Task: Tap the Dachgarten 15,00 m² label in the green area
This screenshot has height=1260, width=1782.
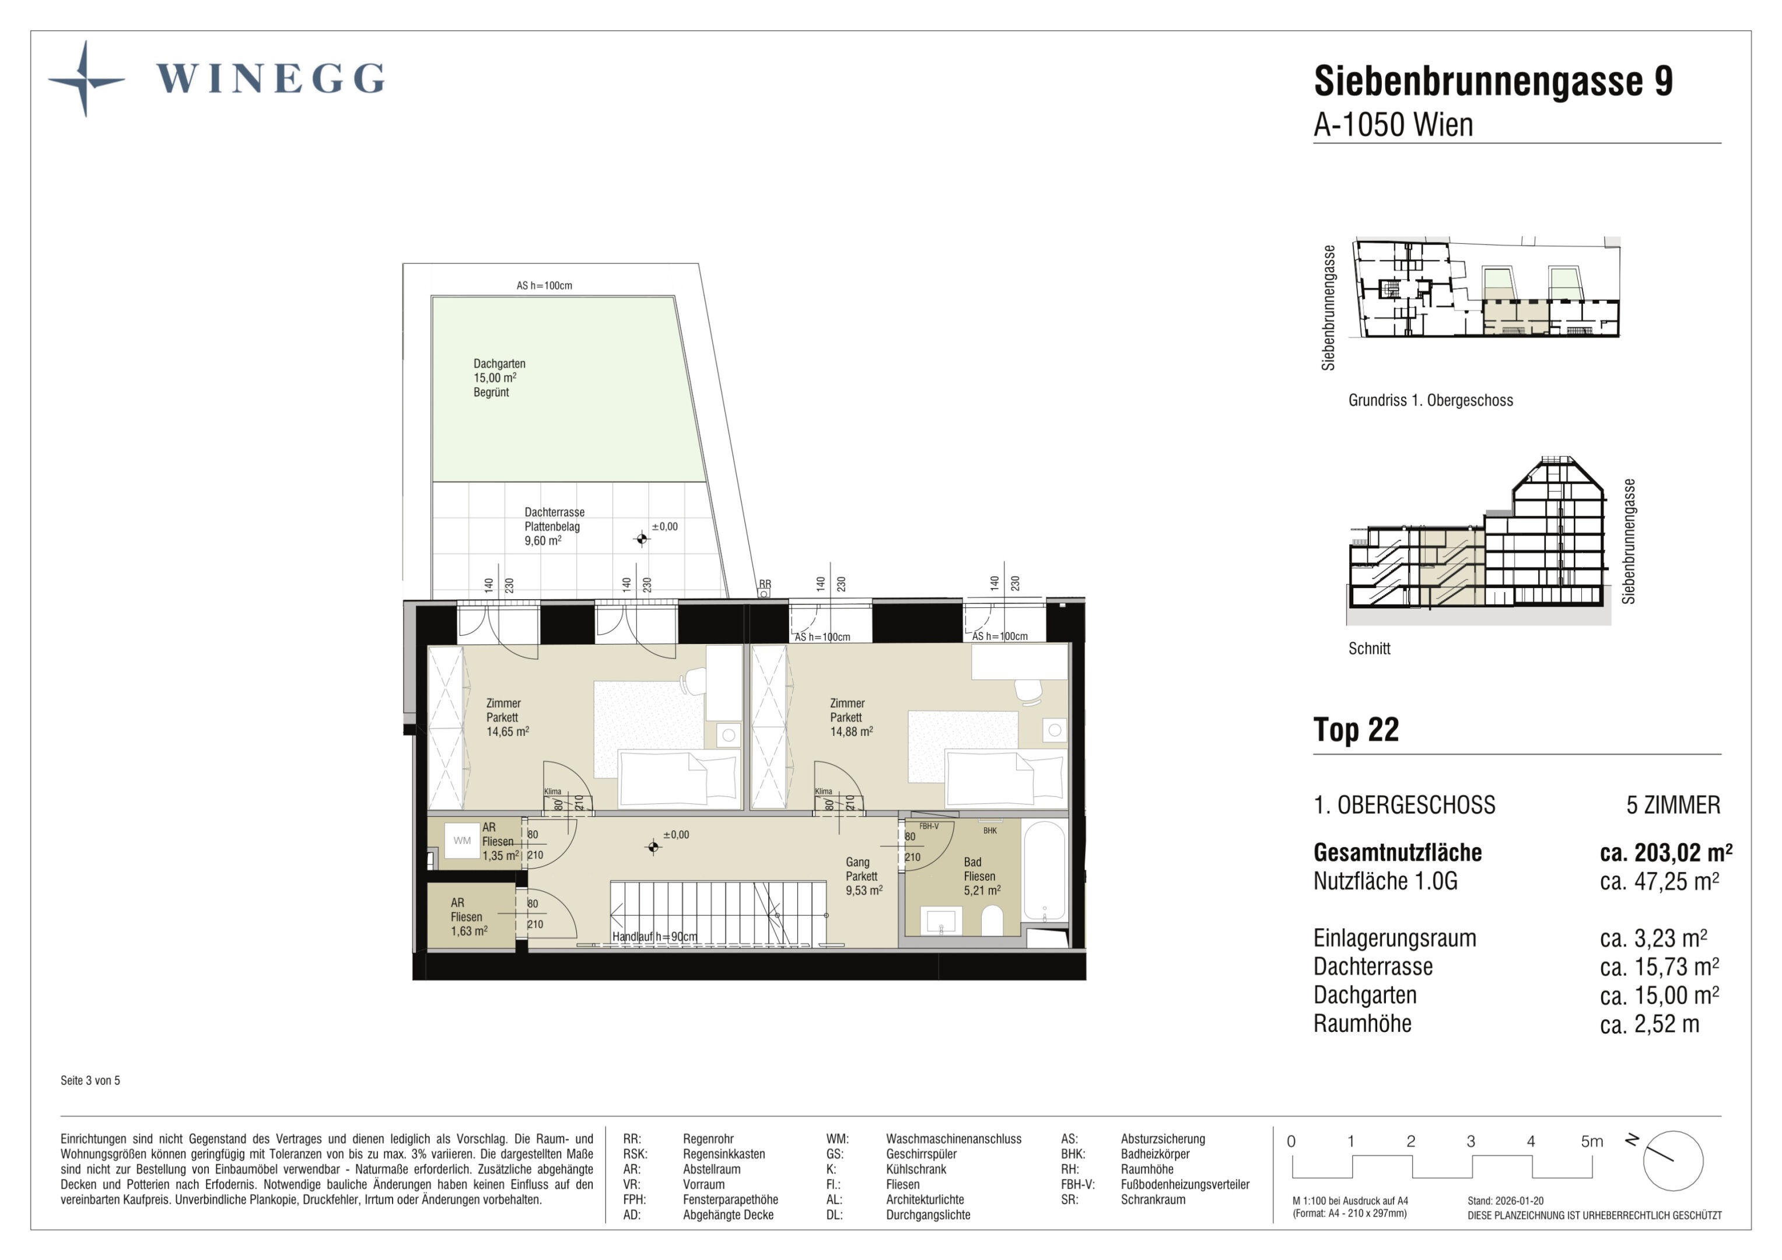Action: point(499,378)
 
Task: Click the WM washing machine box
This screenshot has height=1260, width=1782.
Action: point(462,841)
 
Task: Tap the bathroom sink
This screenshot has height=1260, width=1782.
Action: point(941,922)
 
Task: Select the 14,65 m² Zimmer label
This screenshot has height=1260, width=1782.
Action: point(507,717)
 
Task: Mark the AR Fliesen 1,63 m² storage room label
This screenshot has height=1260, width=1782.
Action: point(469,917)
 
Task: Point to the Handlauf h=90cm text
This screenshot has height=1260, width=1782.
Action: point(654,937)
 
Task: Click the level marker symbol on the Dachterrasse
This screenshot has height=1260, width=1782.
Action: point(641,539)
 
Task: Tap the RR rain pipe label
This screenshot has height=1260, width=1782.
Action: point(765,584)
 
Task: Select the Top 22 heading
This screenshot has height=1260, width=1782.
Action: point(1356,730)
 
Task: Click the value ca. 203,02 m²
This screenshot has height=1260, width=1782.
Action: point(1665,852)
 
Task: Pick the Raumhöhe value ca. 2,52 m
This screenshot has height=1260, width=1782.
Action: point(1649,1024)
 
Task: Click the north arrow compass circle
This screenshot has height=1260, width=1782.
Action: point(1672,1161)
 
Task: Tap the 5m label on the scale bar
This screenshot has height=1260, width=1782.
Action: point(1592,1141)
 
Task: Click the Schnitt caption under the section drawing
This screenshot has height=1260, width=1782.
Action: point(1369,648)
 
